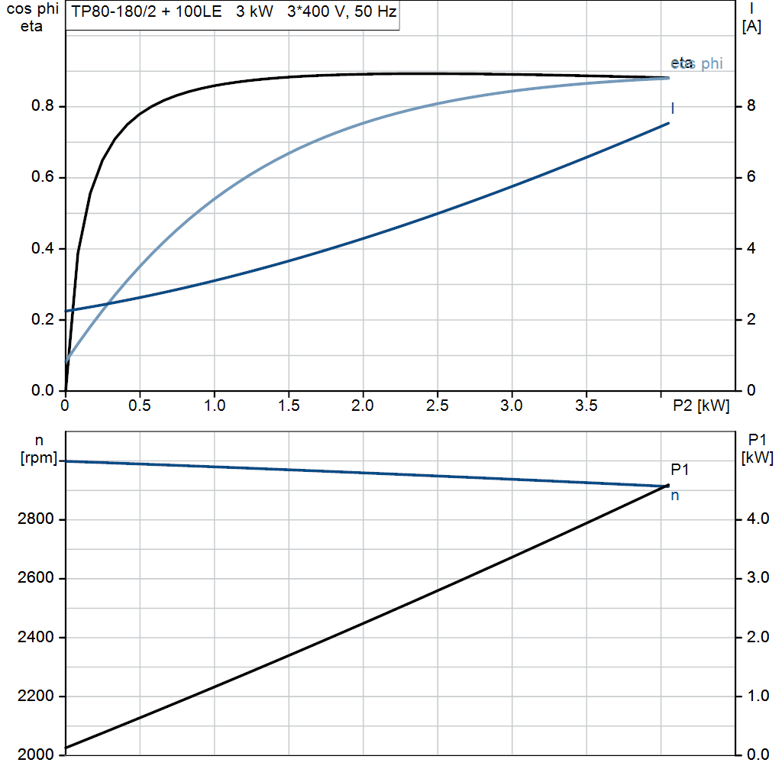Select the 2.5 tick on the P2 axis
tap(437, 406)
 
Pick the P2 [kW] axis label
tap(701, 406)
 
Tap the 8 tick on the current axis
tap(750, 106)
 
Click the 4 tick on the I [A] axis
tap(750, 248)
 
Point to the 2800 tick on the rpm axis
tap(37, 520)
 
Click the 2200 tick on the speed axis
tap(37, 696)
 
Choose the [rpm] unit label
tap(38, 458)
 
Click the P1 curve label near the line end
tap(680, 470)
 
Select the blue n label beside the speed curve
tap(675, 496)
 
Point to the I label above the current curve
tap(673, 108)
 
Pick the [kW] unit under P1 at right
tap(758, 458)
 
